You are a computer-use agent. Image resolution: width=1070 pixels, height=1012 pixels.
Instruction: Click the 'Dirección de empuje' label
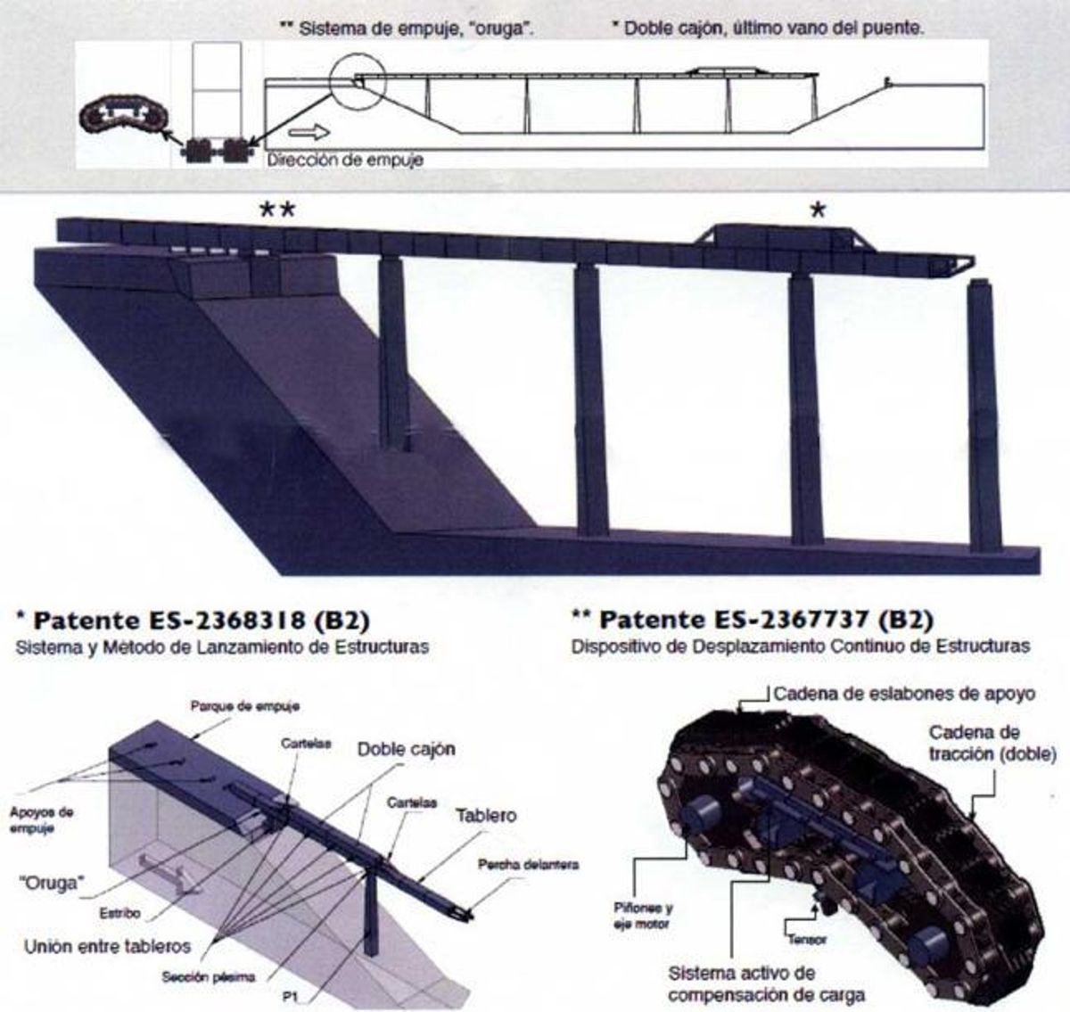click(x=345, y=160)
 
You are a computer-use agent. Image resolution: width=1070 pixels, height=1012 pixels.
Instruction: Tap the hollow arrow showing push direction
click(x=309, y=132)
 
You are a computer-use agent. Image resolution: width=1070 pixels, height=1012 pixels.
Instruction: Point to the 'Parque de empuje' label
click(x=245, y=706)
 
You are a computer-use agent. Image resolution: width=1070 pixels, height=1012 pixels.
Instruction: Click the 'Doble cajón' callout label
click(x=406, y=749)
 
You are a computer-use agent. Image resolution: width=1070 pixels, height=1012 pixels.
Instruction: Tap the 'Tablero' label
click(x=486, y=816)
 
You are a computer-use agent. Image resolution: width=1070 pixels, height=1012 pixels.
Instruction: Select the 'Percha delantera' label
click(x=528, y=865)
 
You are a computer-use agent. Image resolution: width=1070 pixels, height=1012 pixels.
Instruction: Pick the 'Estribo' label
click(x=119, y=913)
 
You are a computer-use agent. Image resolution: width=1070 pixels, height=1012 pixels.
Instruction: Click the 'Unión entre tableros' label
click(x=108, y=946)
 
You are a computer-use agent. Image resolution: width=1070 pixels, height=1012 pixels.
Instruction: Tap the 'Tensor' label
click(x=807, y=940)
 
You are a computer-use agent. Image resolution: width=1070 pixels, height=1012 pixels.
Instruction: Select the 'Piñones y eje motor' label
click(x=643, y=916)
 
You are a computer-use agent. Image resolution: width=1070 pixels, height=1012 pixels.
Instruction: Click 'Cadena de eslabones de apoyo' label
click(x=904, y=694)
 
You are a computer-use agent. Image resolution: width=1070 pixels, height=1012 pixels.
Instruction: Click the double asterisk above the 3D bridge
click(x=277, y=210)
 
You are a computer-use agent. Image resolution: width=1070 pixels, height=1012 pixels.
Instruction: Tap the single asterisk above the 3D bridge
click(x=818, y=210)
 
